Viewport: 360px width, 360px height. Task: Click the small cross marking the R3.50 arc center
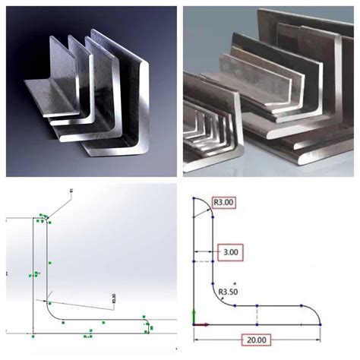pyautogui.click(x=235, y=284)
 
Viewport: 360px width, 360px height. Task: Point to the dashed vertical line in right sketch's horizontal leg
pyautogui.click(x=259, y=315)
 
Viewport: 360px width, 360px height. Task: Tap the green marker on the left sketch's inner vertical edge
pyautogui.click(x=49, y=263)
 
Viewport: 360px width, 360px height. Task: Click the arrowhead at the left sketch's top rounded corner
pyautogui.click(x=46, y=219)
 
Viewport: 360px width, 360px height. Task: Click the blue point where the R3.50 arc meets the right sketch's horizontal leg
pyautogui.click(x=236, y=305)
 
